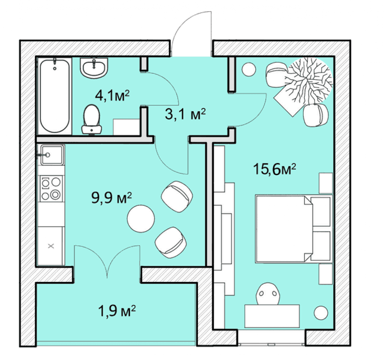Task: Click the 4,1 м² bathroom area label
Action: click(x=112, y=95)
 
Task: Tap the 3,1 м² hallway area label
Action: click(x=185, y=114)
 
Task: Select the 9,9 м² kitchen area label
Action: click(x=111, y=198)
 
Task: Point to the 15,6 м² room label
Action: click(x=274, y=169)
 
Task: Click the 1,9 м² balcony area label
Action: click(x=117, y=311)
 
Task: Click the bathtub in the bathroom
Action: click(x=55, y=96)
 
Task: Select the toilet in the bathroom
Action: click(x=91, y=120)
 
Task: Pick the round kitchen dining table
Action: click(x=141, y=218)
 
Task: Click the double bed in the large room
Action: click(x=294, y=229)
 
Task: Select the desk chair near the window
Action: click(x=268, y=294)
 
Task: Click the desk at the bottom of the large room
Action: click(x=272, y=316)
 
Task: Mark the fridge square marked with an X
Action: click(x=51, y=246)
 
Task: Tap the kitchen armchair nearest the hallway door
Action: click(x=177, y=197)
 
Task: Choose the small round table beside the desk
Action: click(x=321, y=313)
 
